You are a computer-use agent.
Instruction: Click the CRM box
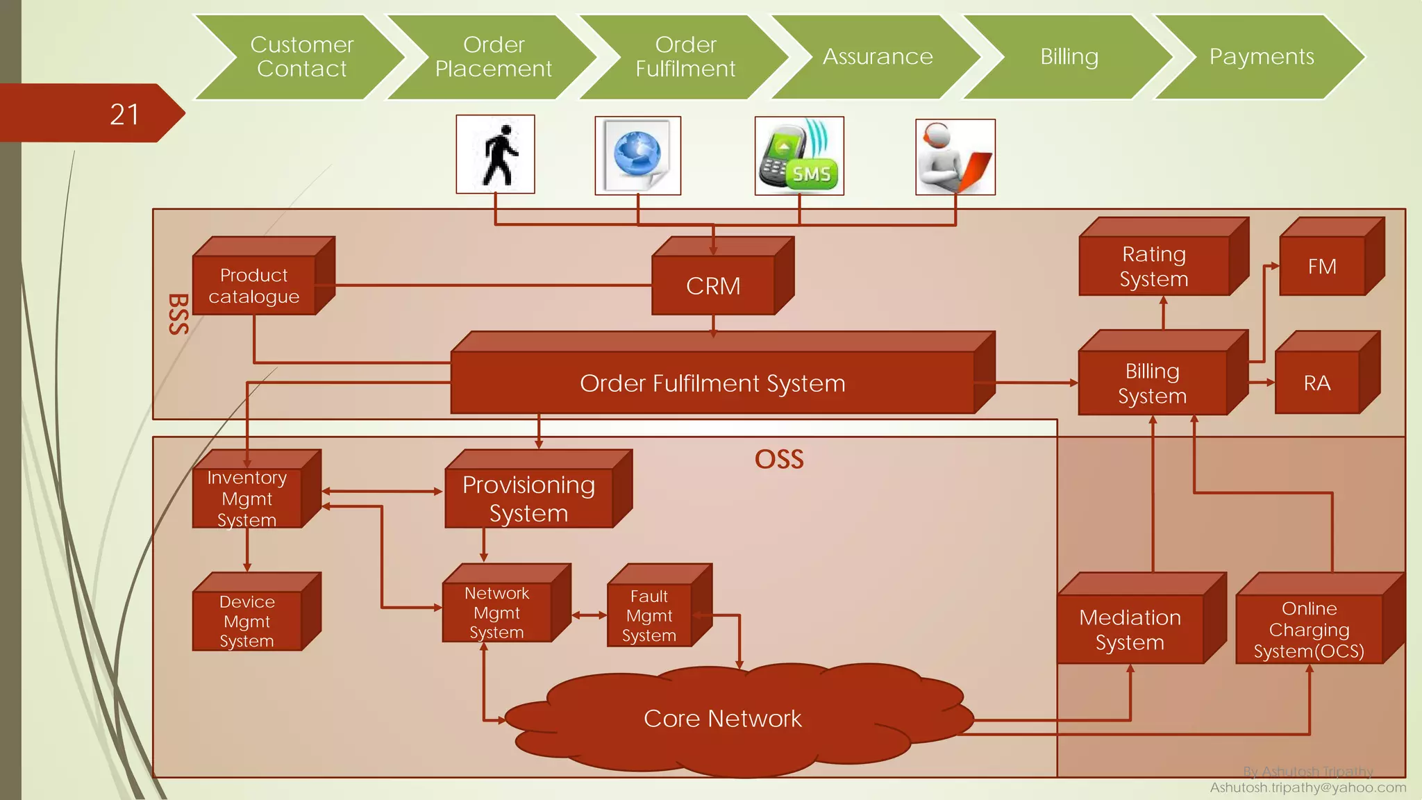(x=713, y=285)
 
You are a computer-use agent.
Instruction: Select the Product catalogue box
(x=254, y=285)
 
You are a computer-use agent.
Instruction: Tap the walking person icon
(x=496, y=154)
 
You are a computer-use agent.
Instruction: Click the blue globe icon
(x=637, y=156)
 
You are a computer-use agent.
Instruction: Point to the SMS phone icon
(x=799, y=156)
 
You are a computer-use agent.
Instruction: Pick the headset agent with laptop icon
(x=955, y=157)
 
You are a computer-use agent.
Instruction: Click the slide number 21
(x=124, y=115)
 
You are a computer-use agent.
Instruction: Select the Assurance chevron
(x=878, y=56)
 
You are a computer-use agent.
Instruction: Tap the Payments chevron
(x=1261, y=56)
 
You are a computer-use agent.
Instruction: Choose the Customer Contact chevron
(x=301, y=56)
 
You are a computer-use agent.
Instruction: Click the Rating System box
(x=1154, y=266)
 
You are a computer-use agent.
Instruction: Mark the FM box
(x=1322, y=267)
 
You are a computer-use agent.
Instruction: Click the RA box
(x=1317, y=383)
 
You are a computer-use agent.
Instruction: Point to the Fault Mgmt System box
(x=649, y=615)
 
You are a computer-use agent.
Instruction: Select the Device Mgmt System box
(x=247, y=621)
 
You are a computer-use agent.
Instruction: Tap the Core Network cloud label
(x=722, y=718)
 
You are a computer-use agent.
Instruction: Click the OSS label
(x=779, y=459)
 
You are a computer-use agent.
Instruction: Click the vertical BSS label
(x=178, y=314)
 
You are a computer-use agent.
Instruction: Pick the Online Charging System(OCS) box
(x=1309, y=629)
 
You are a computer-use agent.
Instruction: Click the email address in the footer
(x=1307, y=787)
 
